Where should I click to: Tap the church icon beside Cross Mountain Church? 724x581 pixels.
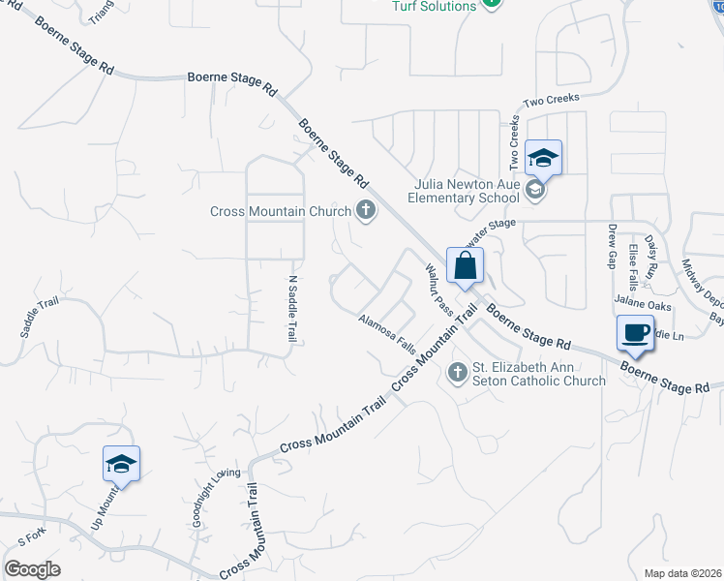(x=366, y=210)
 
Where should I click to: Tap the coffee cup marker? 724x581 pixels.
(x=635, y=333)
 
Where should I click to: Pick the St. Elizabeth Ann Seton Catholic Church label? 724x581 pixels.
(x=538, y=374)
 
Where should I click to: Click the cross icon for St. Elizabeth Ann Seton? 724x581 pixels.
(x=458, y=372)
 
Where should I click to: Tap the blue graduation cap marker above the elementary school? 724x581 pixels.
(x=543, y=158)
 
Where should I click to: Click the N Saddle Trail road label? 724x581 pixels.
(x=291, y=307)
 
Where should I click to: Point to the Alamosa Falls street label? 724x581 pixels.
(x=386, y=333)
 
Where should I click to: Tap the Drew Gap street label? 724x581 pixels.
(x=613, y=246)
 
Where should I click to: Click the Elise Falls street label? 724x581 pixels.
(x=633, y=267)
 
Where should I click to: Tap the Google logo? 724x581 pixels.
(x=32, y=568)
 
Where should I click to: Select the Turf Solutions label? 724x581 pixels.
(x=434, y=6)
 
